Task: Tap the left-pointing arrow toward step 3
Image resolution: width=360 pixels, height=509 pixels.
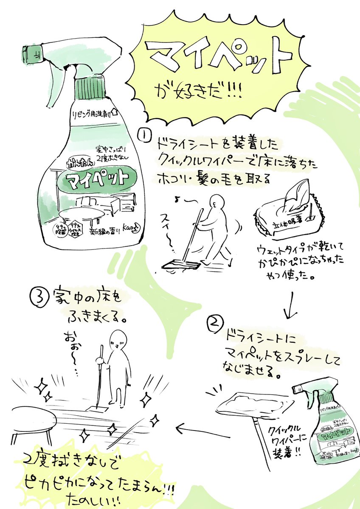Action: tap(189, 429)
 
